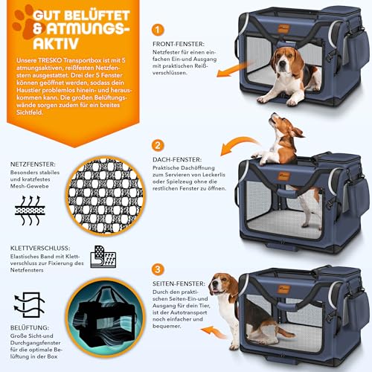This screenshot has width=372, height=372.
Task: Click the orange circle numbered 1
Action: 156,31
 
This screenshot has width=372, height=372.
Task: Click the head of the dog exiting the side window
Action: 222,286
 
